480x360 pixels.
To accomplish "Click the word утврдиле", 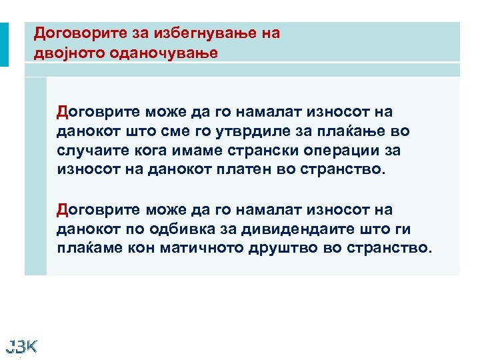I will tap(251, 131).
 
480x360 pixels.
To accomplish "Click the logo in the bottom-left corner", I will tap(21, 345).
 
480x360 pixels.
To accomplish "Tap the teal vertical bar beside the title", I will tap(4, 45).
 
